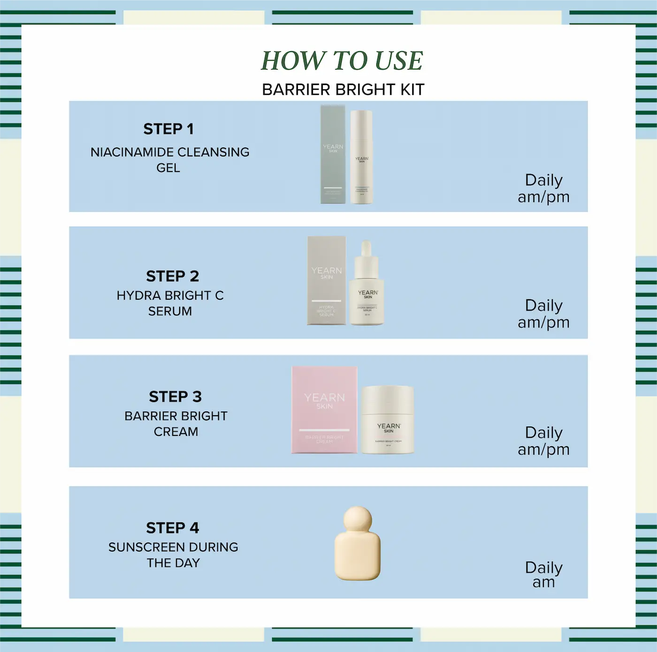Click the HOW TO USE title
pyautogui.click(x=342, y=61)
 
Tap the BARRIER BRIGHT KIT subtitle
pyautogui.click(x=343, y=89)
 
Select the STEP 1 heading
pyautogui.click(x=168, y=129)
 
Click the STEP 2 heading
pyautogui.click(x=172, y=276)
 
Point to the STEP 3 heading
pyautogui.click(x=175, y=397)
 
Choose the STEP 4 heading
pyautogui.click(x=172, y=528)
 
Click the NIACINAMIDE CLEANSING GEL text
pyautogui.click(x=169, y=160)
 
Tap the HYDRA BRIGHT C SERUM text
pyautogui.click(x=170, y=303)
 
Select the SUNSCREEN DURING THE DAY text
pyautogui.click(x=173, y=555)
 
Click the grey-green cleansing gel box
pyautogui.click(x=333, y=155)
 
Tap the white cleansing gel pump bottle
pyautogui.click(x=361, y=157)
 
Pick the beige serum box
pyautogui.click(x=326, y=280)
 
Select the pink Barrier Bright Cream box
pyautogui.click(x=324, y=410)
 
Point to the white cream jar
pyautogui.click(x=388, y=419)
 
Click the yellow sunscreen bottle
pyautogui.click(x=357, y=552)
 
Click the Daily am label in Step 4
pyautogui.click(x=543, y=574)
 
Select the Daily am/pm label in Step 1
pyautogui.click(x=543, y=188)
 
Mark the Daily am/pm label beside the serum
pyautogui.click(x=543, y=313)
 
